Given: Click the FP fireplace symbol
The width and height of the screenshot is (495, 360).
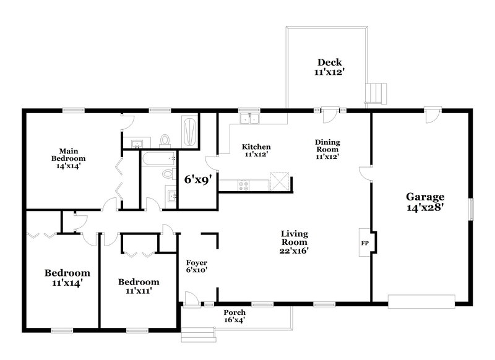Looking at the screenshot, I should pos(364,242).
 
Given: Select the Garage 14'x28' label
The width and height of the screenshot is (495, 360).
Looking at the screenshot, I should pos(425,202).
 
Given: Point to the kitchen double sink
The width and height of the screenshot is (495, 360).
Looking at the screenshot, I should pos(250,118).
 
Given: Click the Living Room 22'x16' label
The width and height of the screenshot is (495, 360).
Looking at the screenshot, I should pos(295,242).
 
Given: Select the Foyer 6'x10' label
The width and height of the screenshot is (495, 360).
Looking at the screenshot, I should pos(197,266).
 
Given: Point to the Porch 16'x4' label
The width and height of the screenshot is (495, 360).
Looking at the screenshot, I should pos(235,316).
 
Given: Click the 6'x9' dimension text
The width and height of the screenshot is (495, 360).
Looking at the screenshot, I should pos(198,181).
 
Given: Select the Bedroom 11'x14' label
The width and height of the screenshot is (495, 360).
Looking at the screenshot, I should pos(67,277).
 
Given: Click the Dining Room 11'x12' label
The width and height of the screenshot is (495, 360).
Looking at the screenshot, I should pos(328,149).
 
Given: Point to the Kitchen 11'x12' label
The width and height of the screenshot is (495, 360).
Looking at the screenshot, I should pos(256,151).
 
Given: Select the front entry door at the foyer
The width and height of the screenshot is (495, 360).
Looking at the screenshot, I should pos(192,300).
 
